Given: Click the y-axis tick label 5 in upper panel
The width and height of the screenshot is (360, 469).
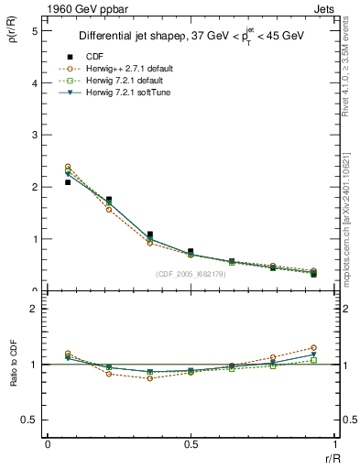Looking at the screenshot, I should point(34,30).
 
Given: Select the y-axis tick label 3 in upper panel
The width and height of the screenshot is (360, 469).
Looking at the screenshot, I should point(34,135).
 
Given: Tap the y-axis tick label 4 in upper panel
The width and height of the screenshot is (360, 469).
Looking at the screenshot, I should point(34,82).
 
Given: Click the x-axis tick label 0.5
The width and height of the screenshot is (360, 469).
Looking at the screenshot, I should point(191,444).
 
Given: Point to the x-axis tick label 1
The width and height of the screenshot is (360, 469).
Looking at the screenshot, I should point(334,444).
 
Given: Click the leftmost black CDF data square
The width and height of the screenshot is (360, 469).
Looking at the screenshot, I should point(68,182).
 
